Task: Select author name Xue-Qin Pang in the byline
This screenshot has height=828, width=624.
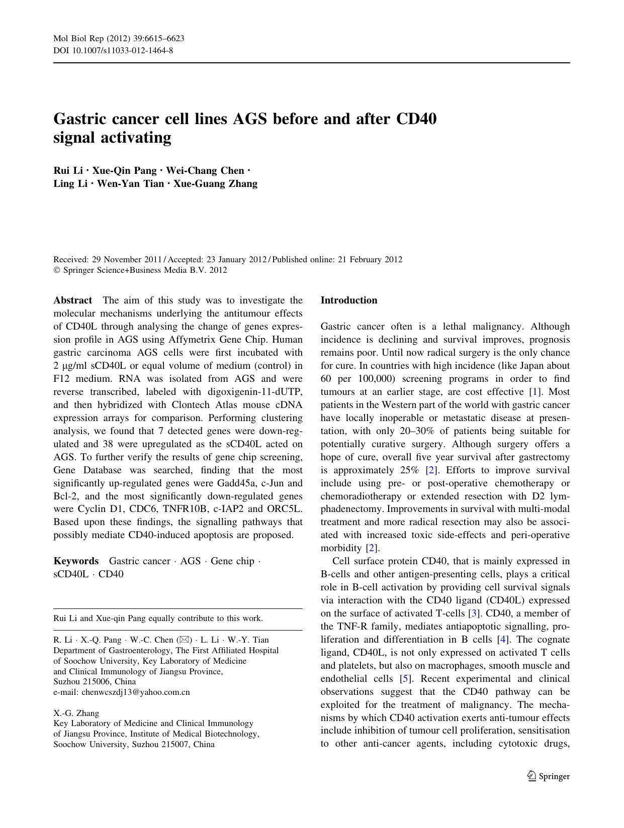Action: coord(124,171)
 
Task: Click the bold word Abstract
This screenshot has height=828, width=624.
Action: coord(72,300)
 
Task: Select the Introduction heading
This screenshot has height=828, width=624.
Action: coord(348,300)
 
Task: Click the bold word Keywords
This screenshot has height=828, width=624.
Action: coord(76,561)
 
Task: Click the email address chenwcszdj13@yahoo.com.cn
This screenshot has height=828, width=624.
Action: coord(136,692)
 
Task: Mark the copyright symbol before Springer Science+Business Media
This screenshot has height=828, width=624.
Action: coord(57,270)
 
